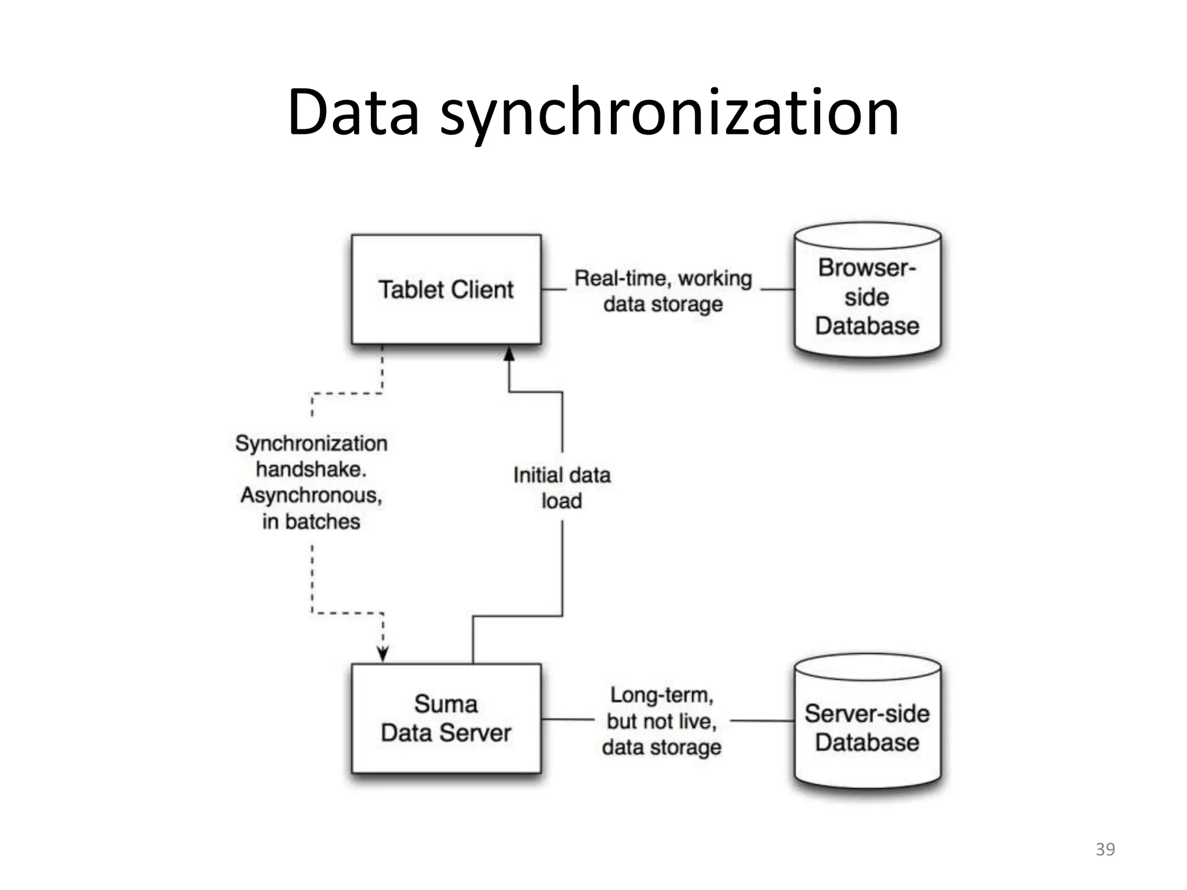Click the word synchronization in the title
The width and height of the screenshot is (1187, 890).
point(669,113)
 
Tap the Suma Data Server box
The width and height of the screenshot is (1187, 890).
point(446,753)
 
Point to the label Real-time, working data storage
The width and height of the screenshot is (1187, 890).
point(663,291)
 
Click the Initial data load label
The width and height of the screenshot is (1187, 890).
point(562,488)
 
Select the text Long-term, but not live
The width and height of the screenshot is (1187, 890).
point(661,708)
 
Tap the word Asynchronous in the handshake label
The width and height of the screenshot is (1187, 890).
point(311,495)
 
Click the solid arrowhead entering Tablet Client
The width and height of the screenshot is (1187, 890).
point(509,353)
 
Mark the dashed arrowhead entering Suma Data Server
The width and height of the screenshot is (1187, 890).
point(383,655)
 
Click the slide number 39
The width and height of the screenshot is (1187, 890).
point(1105,849)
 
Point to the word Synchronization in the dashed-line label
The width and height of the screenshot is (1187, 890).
point(311,444)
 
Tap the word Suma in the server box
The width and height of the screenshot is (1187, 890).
point(446,704)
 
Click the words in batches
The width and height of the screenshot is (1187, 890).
point(311,521)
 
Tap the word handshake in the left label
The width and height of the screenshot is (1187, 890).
point(311,469)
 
